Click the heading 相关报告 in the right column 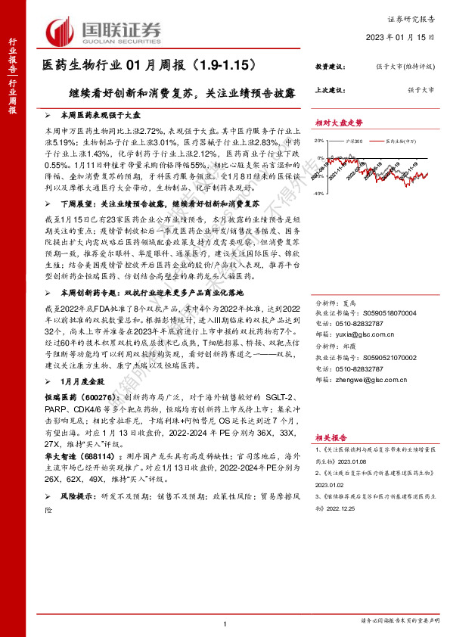tap(330, 437)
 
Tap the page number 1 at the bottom tap(225, 623)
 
